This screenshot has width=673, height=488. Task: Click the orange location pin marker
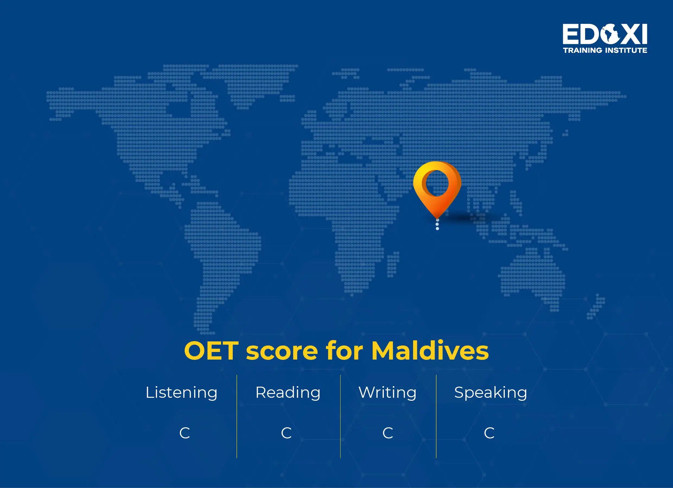tap(437, 185)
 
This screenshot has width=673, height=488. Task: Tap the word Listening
tap(181, 393)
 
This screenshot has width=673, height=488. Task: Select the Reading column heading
tap(288, 393)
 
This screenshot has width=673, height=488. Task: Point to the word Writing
tap(388, 393)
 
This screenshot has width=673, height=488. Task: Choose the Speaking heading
tap(490, 393)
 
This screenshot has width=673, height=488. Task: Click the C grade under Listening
tap(184, 433)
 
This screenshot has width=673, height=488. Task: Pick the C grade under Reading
tap(286, 433)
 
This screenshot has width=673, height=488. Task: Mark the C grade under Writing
tap(388, 433)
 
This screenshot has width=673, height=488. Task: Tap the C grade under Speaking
tap(489, 433)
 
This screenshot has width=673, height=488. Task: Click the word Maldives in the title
tap(430, 351)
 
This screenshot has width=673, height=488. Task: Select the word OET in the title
tap(211, 351)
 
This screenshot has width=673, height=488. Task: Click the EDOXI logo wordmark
tap(605, 34)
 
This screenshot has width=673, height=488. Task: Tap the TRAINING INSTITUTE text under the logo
tap(605, 50)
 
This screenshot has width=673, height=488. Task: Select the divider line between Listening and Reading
tap(237, 416)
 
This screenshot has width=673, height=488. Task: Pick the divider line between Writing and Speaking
tap(436, 416)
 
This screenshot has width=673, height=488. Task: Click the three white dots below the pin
tap(437, 224)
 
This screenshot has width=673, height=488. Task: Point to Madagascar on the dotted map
tap(392, 264)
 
